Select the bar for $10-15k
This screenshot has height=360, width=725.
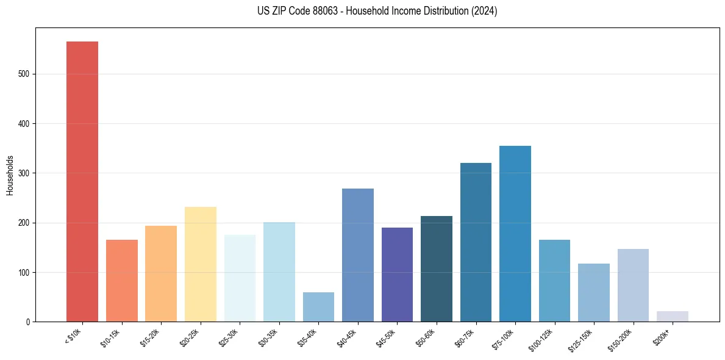(x=121, y=281)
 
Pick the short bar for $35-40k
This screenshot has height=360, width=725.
(x=318, y=307)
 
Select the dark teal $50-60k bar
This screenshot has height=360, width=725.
(x=436, y=268)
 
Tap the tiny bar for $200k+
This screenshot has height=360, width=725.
(x=672, y=316)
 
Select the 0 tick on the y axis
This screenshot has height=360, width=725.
(x=29, y=322)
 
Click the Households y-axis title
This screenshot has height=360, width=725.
(x=10, y=175)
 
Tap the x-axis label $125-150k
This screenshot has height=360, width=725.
(x=582, y=339)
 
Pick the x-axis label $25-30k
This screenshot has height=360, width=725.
(x=229, y=337)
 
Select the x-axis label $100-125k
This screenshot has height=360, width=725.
(x=543, y=339)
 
